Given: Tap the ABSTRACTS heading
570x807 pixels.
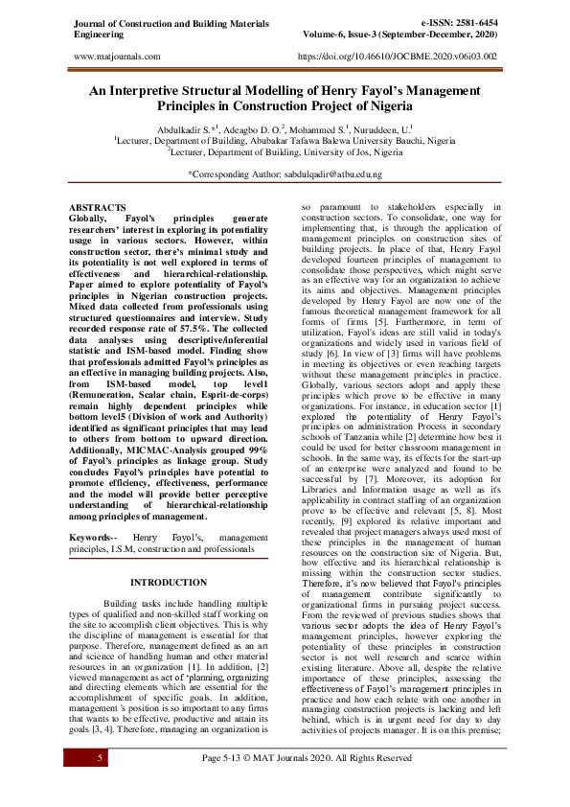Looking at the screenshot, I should tap(98, 207).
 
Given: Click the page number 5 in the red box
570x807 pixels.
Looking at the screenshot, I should tap(99, 757).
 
